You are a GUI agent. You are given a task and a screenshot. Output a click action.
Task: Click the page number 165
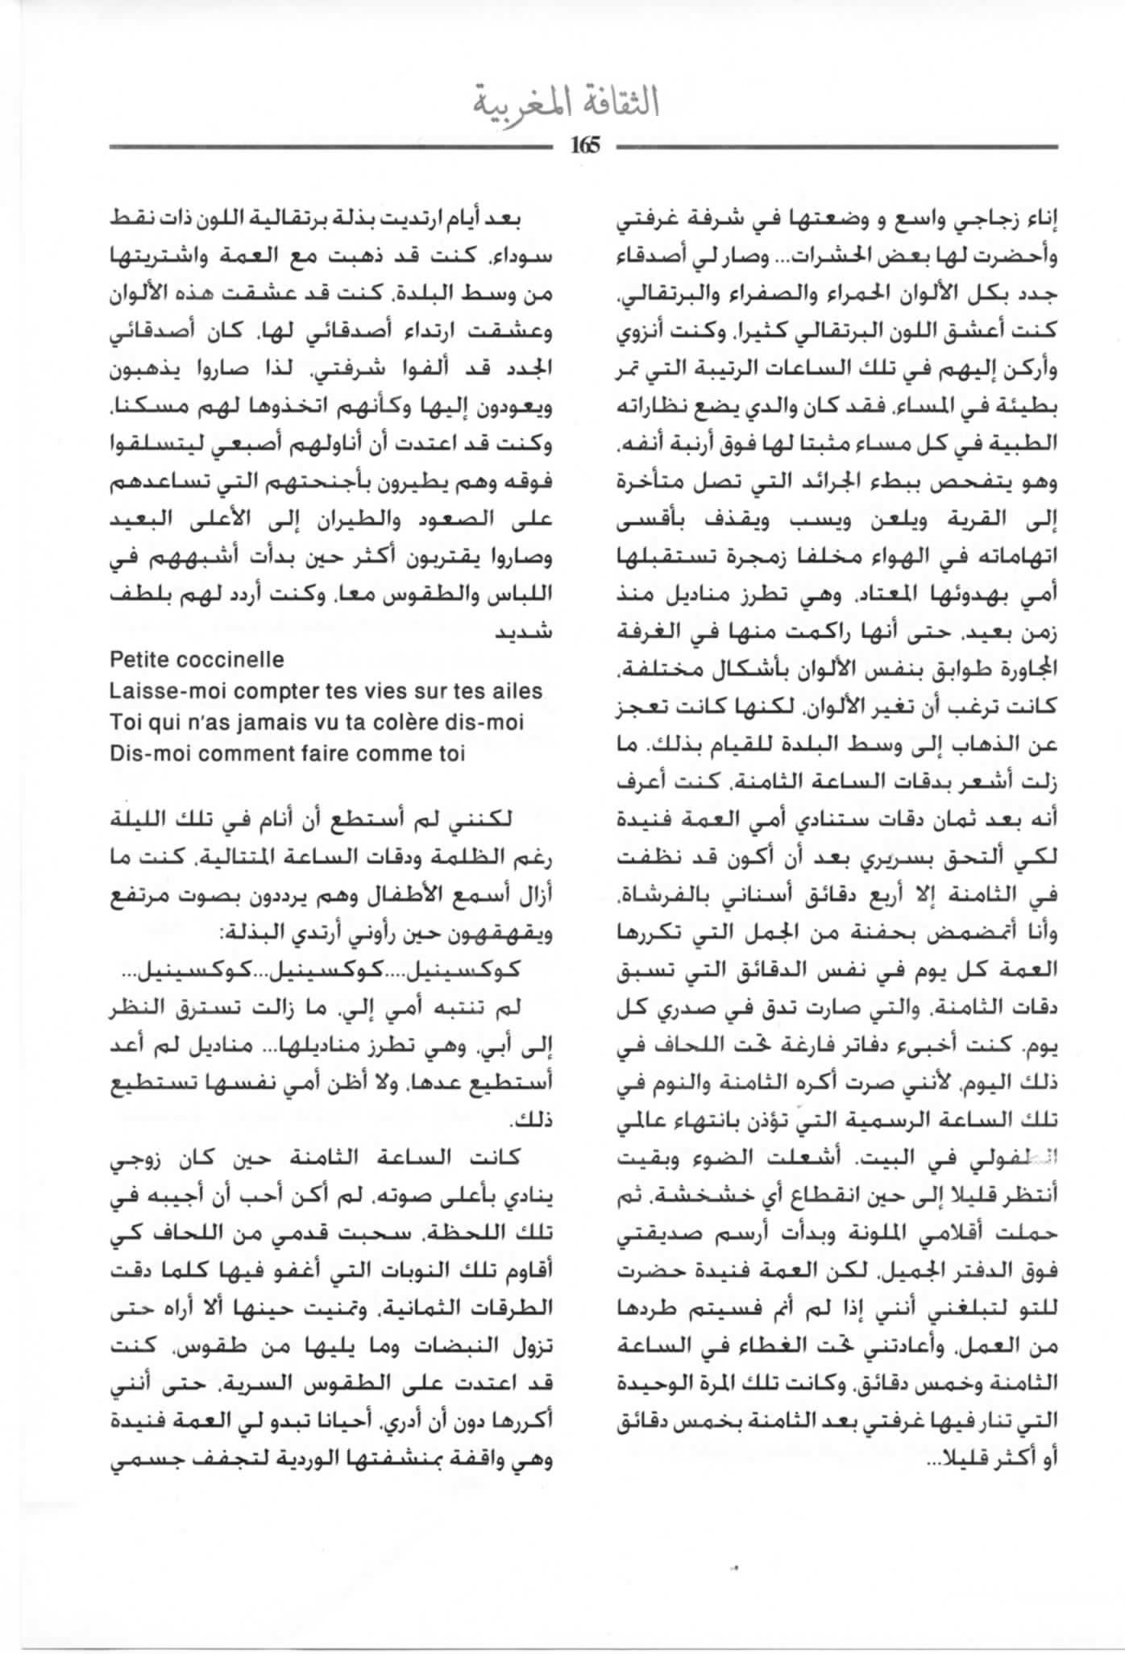[x=586, y=146]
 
